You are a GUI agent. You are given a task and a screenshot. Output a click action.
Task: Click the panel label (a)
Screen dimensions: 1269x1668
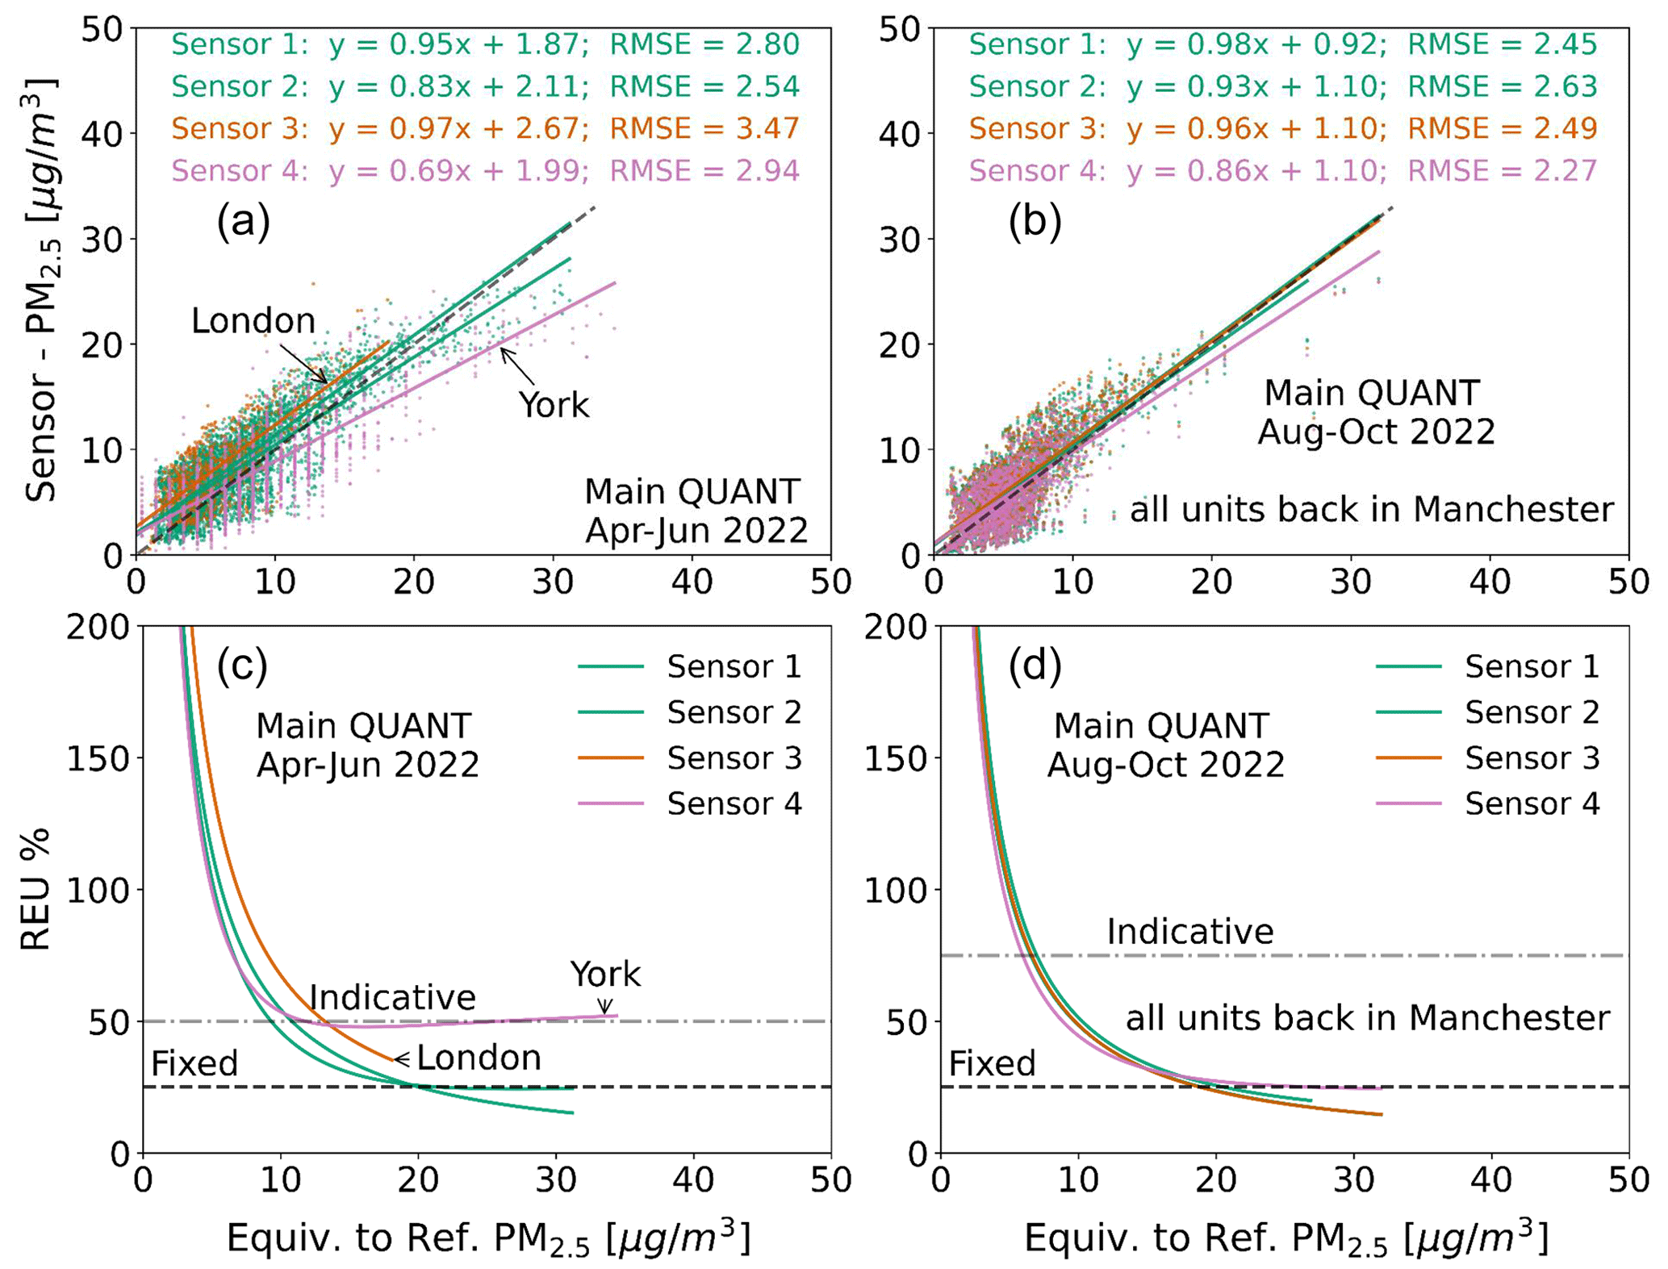243,220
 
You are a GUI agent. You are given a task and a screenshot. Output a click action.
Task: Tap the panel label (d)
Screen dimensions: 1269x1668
1035,666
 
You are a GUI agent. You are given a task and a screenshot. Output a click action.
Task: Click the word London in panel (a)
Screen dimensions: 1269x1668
253,321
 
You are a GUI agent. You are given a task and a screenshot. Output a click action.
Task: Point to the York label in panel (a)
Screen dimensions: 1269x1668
554,405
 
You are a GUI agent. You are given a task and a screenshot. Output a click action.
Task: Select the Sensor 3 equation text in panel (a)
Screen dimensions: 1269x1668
458,128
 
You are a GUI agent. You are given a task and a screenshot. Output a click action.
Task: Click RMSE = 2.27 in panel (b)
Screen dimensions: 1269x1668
1502,170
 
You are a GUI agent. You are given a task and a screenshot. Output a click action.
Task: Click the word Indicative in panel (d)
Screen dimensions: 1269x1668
1189,932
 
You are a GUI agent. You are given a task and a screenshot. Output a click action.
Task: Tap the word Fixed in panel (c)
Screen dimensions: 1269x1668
194,1064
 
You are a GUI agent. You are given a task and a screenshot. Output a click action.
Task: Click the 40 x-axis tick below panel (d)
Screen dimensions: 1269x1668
1490,1180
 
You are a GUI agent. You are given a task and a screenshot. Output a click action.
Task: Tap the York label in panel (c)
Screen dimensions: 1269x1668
605,975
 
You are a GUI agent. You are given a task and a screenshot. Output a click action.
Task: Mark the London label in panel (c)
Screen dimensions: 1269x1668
479,1058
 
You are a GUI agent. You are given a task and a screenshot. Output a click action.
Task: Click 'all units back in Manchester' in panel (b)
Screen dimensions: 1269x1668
1371,509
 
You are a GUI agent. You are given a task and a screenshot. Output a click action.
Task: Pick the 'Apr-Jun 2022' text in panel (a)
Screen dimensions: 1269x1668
696,530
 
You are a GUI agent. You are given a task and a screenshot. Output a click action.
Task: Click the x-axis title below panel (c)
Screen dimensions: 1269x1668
488,1238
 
